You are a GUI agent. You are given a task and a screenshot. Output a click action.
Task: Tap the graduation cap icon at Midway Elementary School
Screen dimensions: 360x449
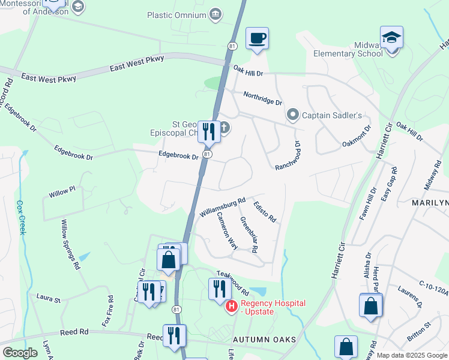(391, 38)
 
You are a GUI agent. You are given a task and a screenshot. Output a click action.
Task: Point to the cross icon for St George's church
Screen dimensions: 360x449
(224, 127)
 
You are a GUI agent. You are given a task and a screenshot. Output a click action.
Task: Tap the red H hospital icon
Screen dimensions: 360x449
(231, 307)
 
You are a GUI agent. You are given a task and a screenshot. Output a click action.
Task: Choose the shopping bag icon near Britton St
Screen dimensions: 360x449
(371, 305)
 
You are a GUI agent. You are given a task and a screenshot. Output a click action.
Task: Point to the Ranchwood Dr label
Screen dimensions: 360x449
(286, 155)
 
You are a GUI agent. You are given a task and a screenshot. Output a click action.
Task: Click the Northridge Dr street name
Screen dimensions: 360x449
(262, 98)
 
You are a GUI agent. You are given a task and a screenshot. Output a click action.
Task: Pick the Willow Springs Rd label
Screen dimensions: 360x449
(70, 243)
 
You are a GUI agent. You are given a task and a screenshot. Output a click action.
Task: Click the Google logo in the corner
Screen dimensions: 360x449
(20, 353)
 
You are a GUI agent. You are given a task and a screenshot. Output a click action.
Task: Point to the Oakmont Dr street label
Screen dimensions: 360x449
(357, 136)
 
